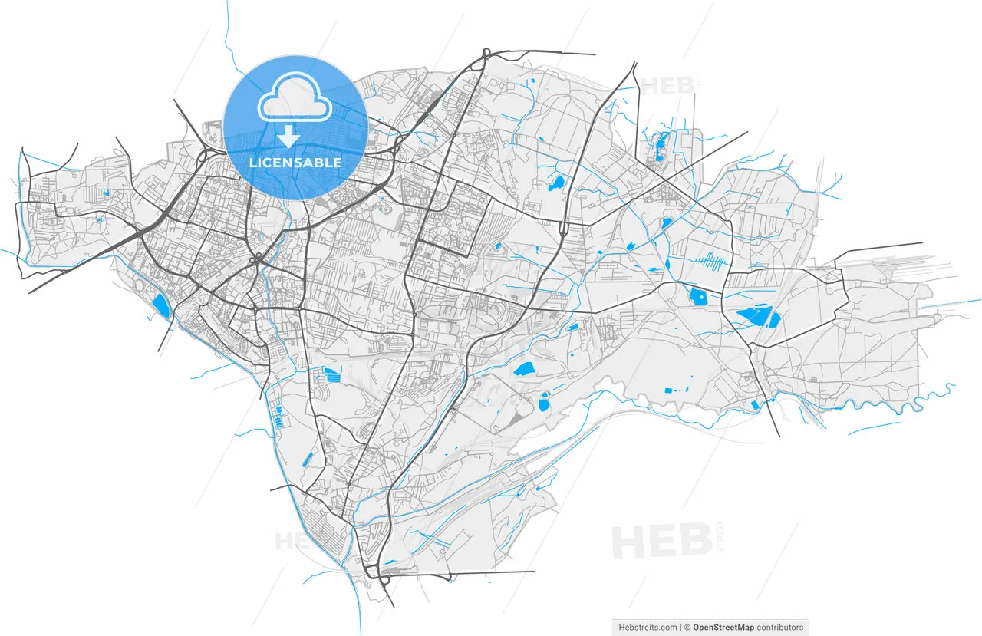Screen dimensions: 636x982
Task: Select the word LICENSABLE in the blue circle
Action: (295, 163)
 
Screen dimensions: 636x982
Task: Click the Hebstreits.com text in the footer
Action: (648, 628)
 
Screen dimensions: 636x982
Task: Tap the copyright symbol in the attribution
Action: (688, 628)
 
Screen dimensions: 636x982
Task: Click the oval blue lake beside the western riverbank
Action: (160, 305)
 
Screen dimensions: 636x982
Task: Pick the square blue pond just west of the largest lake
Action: (698, 296)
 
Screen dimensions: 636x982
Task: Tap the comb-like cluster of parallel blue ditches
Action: (710, 262)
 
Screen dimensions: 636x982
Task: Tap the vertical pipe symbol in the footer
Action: (680, 628)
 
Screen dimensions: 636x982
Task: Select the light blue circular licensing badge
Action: (295, 128)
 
